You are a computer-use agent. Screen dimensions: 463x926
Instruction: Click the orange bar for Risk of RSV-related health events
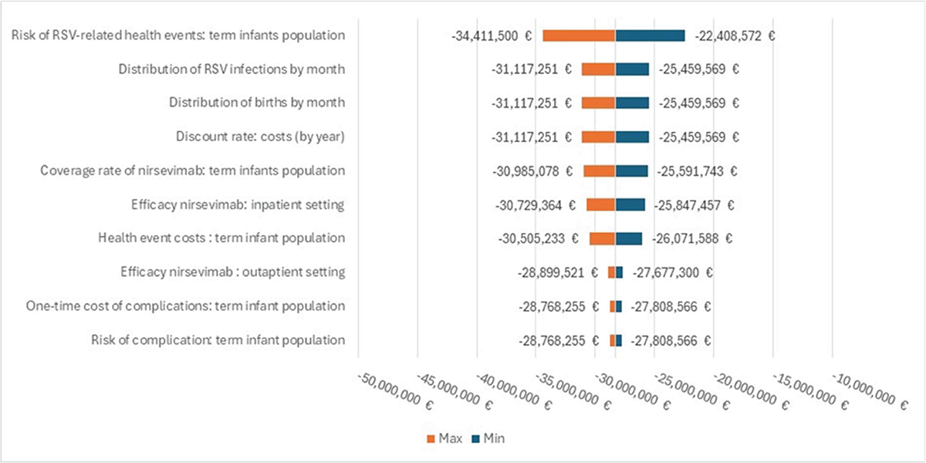point(579,35)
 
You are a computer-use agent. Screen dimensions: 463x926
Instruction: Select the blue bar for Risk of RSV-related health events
point(650,35)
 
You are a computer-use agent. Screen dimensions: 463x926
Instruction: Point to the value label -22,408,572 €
point(735,35)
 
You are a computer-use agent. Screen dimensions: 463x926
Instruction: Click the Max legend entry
point(445,438)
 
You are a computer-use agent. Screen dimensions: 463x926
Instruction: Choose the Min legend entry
point(489,438)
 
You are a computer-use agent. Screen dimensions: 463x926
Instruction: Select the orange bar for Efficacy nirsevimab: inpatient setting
point(600,204)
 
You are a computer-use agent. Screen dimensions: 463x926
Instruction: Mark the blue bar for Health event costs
point(628,238)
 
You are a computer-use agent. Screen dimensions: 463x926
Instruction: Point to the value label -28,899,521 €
point(558,272)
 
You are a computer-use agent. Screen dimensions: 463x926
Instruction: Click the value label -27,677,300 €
point(671,272)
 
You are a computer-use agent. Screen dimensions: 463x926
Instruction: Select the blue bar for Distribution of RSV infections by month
point(632,69)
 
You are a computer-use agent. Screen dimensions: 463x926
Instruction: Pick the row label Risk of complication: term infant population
point(218,340)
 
